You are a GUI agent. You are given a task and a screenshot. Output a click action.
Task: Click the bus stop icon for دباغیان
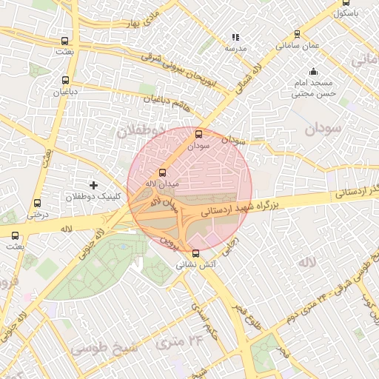[x=65, y=80]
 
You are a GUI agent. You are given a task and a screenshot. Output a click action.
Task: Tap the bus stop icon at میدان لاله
[x=163, y=171]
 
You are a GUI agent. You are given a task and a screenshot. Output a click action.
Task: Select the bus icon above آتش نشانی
[x=195, y=253]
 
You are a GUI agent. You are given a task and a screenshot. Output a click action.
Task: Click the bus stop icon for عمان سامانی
[x=298, y=34]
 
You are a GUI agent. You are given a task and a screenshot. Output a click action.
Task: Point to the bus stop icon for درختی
[x=37, y=203]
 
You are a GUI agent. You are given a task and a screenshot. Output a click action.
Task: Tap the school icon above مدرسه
[x=235, y=37]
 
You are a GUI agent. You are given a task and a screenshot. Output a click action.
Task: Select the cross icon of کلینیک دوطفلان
[x=93, y=184]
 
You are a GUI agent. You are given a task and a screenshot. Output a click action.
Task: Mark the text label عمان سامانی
[x=298, y=45]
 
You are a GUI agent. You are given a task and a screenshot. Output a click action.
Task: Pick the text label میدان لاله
[x=162, y=183]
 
